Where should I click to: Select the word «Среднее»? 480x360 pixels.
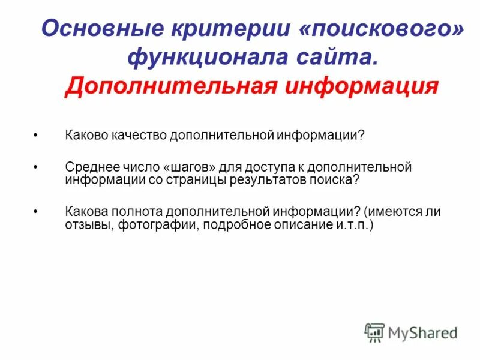tap(91, 166)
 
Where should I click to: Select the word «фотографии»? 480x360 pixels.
tap(150, 225)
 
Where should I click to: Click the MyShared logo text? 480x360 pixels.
tap(422, 332)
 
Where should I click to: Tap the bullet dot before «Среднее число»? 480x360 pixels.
tap(36, 166)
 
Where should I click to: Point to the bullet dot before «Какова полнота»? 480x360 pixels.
tap(36, 212)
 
